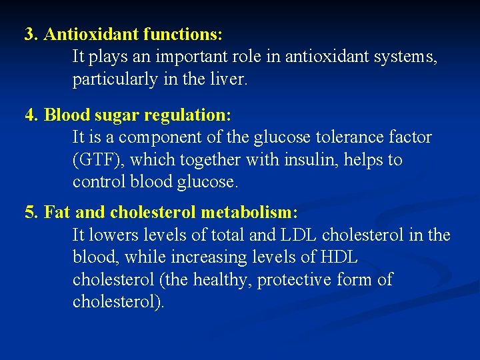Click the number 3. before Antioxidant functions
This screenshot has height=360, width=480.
(31, 34)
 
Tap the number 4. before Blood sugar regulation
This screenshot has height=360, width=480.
(31, 115)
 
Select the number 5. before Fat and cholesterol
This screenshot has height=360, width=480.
(31, 213)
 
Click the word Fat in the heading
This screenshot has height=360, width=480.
(57, 213)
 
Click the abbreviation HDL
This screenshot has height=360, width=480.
(338, 257)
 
